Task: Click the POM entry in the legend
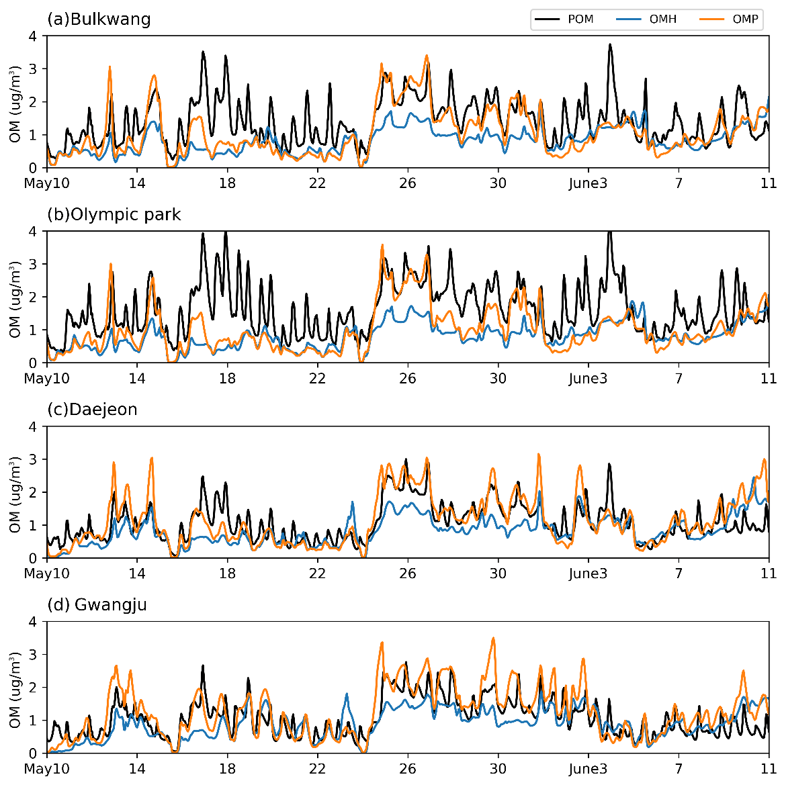click(x=580, y=19)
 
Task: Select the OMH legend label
click(x=662, y=19)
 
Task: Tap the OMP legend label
click(x=745, y=19)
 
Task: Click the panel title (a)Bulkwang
click(x=99, y=19)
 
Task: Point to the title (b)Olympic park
click(x=114, y=214)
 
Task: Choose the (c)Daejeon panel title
click(x=92, y=409)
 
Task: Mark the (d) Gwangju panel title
click(x=97, y=604)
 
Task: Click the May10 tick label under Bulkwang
click(x=47, y=183)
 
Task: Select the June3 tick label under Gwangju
click(x=588, y=769)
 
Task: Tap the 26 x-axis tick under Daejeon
click(x=408, y=573)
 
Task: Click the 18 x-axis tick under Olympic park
click(x=227, y=379)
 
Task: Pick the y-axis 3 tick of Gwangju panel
click(x=33, y=654)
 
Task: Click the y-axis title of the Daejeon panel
click(x=15, y=494)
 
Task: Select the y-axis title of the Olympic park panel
click(x=15, y=298)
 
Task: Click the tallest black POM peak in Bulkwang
click(x=610, y=45)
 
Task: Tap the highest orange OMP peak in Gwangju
click(x=494, y=639)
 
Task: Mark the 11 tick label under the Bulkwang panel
click(x=769, y=183)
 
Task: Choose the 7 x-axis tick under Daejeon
click(x=679, y=573)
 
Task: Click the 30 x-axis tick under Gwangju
click(x=498, y=769)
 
